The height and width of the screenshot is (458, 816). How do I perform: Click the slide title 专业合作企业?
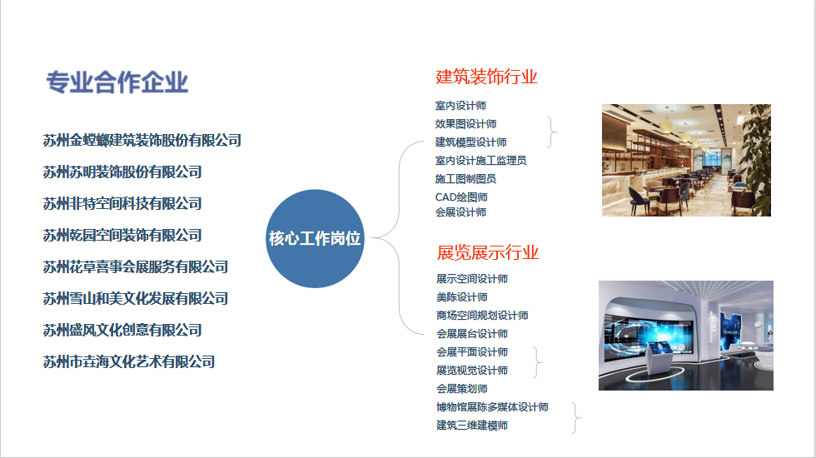pos(117,82)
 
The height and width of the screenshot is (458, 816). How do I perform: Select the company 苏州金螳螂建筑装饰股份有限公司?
pos(142,140)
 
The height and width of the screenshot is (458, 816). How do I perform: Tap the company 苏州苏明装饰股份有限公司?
pos(122,172)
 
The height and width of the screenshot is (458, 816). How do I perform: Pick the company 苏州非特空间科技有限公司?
pos(122,203)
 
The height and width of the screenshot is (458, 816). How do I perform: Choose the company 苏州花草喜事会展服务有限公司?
pos(135,267)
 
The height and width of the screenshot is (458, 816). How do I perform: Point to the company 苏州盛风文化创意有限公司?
pos(122,330)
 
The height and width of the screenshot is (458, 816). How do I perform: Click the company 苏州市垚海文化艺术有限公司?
pos(129,361)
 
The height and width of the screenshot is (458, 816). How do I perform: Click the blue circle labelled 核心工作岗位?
pos(315,238)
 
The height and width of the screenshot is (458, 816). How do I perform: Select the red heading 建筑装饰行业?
pos(486,77)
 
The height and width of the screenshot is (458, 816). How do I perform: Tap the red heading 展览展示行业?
pos(488,252)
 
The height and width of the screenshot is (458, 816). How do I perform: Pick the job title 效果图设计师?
pos(465,124)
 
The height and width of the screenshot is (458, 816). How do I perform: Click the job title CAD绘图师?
pos(461,197)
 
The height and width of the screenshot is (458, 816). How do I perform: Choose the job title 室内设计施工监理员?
pos(481,160)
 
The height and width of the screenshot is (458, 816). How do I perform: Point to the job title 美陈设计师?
pos(462,297)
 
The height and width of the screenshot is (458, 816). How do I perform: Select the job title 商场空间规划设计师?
pos(482,316)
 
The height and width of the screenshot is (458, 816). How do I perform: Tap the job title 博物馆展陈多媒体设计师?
pos(492,407)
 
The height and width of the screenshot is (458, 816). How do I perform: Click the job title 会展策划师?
pos(462,389)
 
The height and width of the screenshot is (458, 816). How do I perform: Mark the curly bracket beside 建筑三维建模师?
pos(576,418)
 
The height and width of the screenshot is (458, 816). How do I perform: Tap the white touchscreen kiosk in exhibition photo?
pos(658,357)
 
